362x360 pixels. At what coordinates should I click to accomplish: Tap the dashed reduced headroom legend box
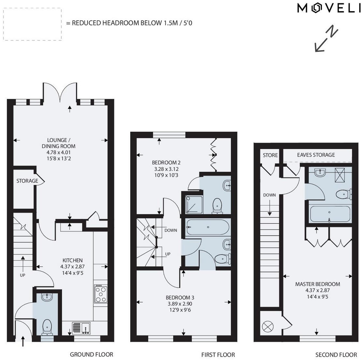[32, 24]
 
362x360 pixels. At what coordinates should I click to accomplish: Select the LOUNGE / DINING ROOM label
[59, 143]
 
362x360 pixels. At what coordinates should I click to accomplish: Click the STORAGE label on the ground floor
[27, 181]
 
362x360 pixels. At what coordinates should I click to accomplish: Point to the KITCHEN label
[73, 260]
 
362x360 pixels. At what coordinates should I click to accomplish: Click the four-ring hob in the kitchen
[100, 294]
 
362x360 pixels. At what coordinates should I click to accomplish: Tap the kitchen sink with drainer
[81, 328]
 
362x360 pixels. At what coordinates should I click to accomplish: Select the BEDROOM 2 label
[166, 163]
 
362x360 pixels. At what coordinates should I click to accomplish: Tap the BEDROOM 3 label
[180, 297]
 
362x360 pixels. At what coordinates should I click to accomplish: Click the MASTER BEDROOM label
[317, 284]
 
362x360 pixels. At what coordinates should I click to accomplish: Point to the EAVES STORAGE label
[316, 155]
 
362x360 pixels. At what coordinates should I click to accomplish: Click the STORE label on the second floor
[270, 155]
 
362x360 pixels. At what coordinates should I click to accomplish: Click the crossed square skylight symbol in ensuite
[342, 174]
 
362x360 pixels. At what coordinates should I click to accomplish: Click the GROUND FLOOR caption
[92, 354]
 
